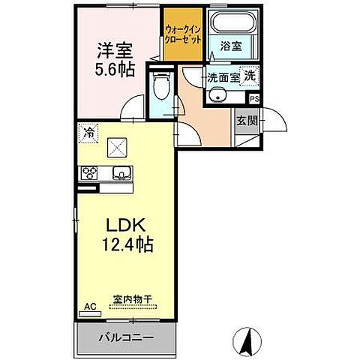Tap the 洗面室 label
coord(223,76)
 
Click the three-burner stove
coord(89,173)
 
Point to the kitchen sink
coord(121,174)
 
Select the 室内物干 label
coord(133,298)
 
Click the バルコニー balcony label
coord(125,337)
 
